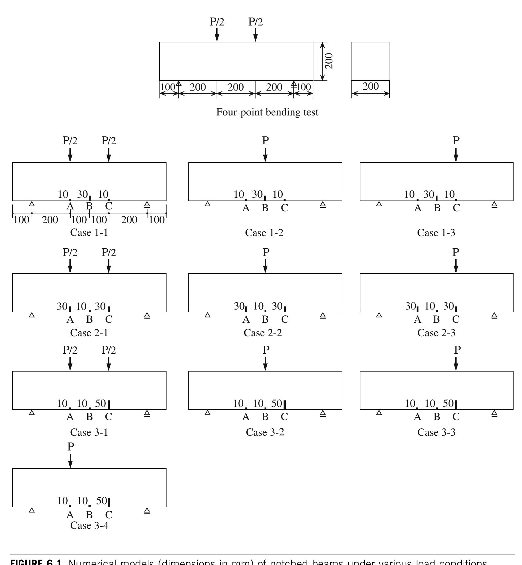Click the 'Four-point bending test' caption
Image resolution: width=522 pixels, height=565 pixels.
pos(267,112)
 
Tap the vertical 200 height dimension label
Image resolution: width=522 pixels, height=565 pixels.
pos(329,61)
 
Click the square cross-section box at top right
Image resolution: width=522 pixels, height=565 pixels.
pos(370,61)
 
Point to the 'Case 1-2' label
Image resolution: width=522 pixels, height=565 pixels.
pos(264,233)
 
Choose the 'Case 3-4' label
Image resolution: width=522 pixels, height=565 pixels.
pos(89,525)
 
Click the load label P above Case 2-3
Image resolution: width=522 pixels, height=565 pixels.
pos(456,253)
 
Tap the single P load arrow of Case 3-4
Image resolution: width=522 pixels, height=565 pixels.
pos(70,460)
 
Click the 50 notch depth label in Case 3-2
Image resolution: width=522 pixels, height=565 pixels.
pos(277,403)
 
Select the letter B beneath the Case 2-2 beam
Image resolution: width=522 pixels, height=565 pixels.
pos(265,320)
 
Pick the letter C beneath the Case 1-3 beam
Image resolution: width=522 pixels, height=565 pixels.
pos(456,208)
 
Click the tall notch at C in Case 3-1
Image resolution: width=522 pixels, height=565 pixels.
pos(109,405)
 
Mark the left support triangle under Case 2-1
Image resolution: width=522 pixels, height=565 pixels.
pos(32,315)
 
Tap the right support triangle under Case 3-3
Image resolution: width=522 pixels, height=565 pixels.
pos(494,413)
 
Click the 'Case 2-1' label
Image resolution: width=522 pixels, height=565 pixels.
pos(89,333)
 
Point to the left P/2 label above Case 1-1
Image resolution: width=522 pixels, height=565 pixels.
pos(70,141)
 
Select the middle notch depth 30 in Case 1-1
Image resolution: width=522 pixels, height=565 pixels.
pos(82,194)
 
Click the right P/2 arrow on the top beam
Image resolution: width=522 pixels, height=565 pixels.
pos(255,34)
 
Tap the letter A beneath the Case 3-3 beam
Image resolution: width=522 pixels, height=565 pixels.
pos(417,417)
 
